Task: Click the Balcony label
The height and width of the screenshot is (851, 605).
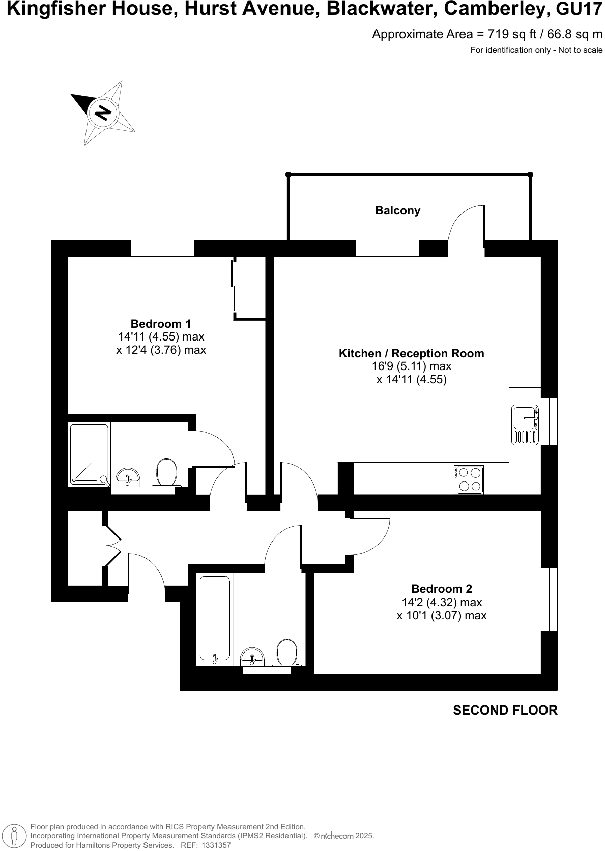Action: (x=397, y=210)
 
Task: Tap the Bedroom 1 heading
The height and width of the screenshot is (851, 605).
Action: (x=161, y=324)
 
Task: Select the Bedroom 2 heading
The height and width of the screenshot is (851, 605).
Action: (x=441, y=589)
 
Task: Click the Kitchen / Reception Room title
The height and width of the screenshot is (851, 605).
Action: (x=411, y=353)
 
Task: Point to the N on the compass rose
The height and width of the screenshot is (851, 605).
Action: (x=103, y=112)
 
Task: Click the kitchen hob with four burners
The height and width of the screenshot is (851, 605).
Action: (x=469, y=479)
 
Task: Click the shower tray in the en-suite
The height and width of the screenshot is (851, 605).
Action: (x=89, y=453)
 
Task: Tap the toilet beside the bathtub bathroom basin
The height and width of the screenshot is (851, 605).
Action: (x=287, y=652)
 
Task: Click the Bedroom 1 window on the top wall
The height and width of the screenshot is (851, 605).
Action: (x=162, y=248)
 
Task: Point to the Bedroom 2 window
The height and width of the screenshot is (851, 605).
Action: (x=549, y=599)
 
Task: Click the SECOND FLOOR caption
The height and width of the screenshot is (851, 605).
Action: (x=505, y=710)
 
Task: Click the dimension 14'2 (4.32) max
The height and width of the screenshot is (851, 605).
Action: (x=441, y=602)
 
